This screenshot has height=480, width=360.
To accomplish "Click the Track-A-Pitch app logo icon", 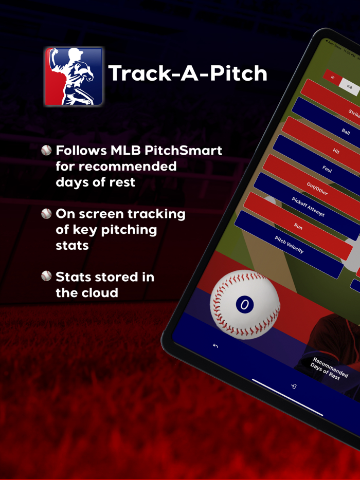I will [74, 77].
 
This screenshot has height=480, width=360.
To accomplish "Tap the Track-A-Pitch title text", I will [188, 73].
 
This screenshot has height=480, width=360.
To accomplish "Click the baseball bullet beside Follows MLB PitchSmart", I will [47, 151].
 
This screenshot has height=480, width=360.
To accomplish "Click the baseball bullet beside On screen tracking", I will [47, 214].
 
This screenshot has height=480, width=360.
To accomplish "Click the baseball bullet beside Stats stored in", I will [47, 276].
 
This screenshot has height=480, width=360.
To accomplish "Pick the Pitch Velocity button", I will [289, 245].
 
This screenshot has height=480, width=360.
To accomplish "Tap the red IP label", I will [333, 78].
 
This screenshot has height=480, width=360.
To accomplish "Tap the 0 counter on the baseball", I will [245, 305].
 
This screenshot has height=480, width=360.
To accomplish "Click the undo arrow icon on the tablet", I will [215, 346].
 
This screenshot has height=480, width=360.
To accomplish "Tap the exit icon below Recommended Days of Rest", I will [294, 386].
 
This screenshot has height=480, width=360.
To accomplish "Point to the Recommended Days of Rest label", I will [328, 370].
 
